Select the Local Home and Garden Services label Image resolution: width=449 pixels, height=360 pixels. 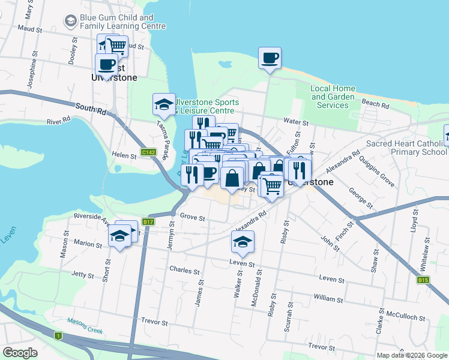point(333,97)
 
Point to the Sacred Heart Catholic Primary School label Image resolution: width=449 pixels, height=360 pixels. point(406,148)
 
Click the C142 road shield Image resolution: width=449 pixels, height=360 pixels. point(148,152)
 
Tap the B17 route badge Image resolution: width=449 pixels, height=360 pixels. point(148,222)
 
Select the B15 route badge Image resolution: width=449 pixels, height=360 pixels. point(424,280)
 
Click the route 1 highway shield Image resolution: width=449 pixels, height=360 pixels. point(58,336)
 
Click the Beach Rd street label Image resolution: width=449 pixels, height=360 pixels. point(376,104)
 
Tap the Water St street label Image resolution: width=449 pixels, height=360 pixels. point(296,122)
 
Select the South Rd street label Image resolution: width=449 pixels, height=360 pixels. point(91,109)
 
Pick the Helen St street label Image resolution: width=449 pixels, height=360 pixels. point(124,155)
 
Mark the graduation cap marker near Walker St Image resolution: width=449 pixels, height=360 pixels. point(243,242)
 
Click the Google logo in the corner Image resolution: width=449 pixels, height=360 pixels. point(20,352)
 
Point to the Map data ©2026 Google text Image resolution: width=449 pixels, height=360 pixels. point(412,355)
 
